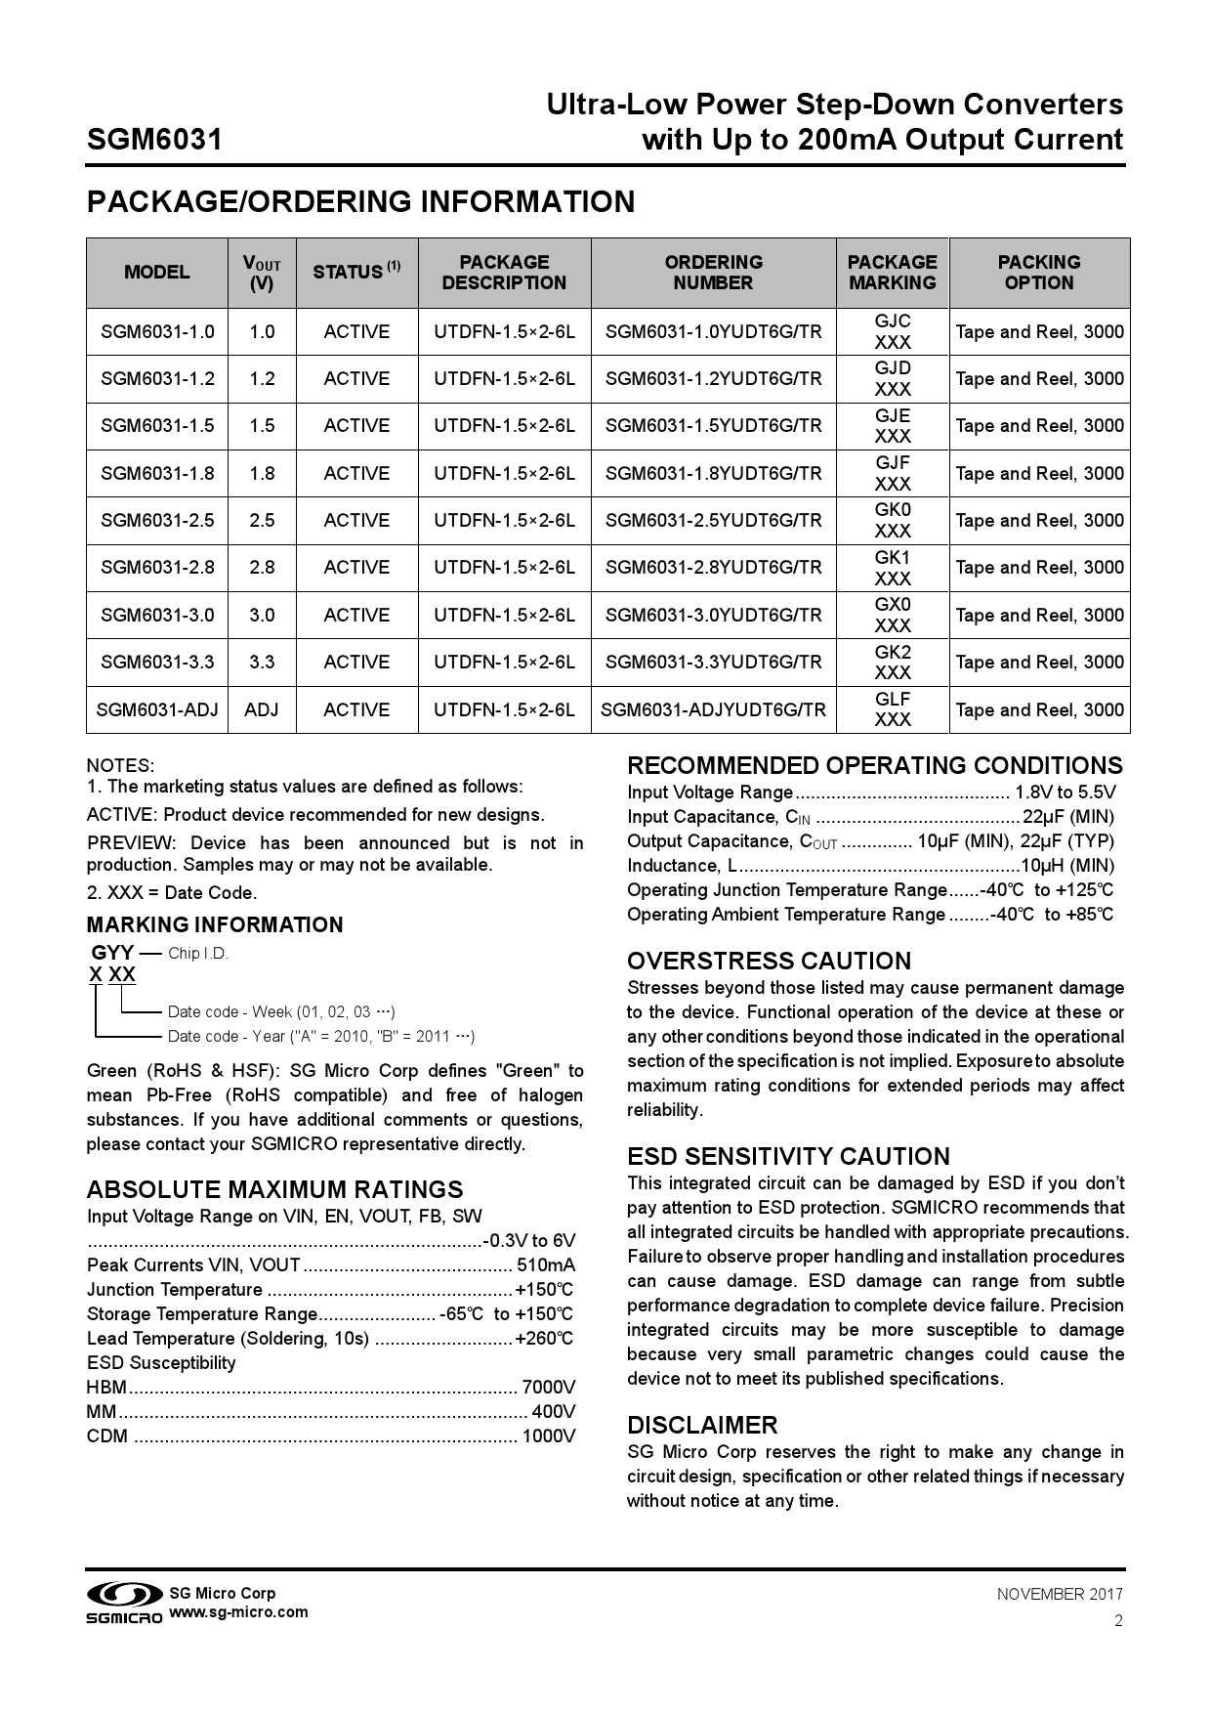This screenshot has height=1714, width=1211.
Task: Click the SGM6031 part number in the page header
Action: click(154, 140)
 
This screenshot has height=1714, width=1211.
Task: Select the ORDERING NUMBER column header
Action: click(713, 273)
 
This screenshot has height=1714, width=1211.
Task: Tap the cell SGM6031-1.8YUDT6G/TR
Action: click(713, 474)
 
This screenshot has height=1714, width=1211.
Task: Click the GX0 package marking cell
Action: click(892, 615)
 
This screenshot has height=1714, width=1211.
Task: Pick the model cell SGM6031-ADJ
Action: click(157, 709)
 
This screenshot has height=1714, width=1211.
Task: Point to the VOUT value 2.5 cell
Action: click(262, 521)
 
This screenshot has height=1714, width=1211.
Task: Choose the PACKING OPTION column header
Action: click(1038, 273)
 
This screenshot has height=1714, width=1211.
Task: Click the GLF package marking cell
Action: click(892, 709)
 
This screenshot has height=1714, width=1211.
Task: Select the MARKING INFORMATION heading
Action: click(215, 925)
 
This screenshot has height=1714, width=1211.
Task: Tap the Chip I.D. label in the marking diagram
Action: click(198, 954)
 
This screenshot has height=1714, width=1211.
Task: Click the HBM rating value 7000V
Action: click(548, 1388)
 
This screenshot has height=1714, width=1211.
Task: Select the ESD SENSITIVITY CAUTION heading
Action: click(788, 1157)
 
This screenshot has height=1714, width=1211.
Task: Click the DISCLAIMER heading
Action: click(702, 1425)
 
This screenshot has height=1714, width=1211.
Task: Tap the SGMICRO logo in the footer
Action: click(123, 1604)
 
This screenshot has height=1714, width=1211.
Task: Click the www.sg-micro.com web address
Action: click(239, 1612)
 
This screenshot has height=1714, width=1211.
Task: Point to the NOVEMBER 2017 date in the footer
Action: click(1060, 1595)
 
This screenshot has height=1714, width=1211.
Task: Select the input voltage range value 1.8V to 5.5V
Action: click(1065, 793)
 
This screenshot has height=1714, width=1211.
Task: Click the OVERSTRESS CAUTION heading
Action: click(769, 962)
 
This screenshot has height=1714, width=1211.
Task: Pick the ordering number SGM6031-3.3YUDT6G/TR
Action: click(713, 663)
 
